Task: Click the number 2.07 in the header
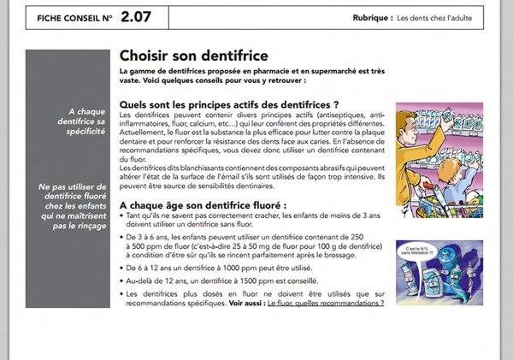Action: click(139, 15)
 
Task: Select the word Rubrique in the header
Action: click(372, 17)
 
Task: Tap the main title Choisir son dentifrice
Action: click(194, 56)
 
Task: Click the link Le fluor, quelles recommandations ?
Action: click(326, 303)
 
